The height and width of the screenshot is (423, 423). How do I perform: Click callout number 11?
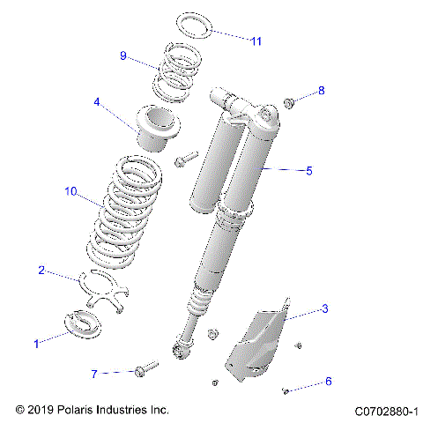tap(256, 41)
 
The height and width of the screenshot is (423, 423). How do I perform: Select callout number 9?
tap(124, 56)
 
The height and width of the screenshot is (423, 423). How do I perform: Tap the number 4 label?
tap(97, 102)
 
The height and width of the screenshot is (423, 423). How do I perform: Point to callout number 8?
tap(322, 91)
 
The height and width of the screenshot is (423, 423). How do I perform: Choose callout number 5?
tap(308, 171)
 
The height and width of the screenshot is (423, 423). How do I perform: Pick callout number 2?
tap(41, 271)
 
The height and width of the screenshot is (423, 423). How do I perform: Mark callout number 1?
tap(36, 344)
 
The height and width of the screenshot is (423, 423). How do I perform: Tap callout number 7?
tap(119, 374)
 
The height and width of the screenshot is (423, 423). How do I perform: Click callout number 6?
tap(329, 382)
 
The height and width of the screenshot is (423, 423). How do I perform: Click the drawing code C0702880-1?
tap(385, 411)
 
